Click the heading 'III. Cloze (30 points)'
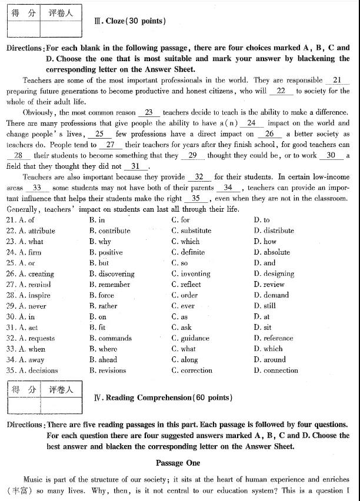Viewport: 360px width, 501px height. click(129, 21)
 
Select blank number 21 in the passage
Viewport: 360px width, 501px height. click(336, 80)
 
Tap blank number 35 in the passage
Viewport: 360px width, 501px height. click(196, 198)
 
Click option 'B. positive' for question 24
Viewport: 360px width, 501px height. click(106, 252)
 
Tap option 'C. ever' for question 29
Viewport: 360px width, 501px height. click(183, 306)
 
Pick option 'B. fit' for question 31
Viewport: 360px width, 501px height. click(98, 328)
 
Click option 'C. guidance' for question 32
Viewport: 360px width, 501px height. click(191, 338)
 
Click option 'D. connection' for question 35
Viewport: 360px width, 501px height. click(276, 370)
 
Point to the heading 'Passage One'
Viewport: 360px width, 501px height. click(178, 463)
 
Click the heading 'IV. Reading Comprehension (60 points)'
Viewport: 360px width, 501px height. click(163, 398)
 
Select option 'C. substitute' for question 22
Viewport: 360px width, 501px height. click(191, 231)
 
